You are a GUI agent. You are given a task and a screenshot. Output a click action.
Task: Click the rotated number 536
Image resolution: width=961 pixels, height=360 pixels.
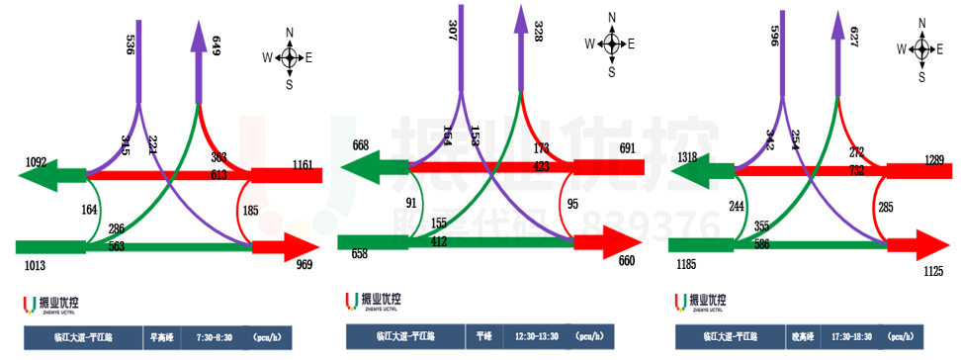click(x=130, y=45)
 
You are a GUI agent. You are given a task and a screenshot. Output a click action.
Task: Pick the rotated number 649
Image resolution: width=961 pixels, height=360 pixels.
click(x=216, y=45)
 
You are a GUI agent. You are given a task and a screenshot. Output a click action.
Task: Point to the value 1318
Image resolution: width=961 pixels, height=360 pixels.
click(x=690, y=157)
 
